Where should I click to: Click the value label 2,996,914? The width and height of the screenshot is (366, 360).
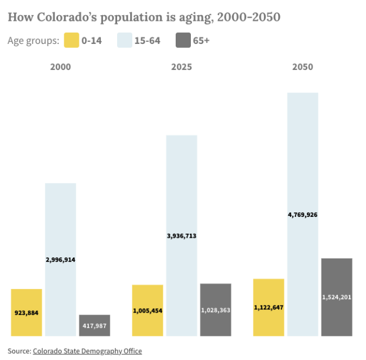pyautogui.click(x=60, y=260)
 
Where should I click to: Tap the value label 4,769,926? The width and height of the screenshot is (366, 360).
pyautogui.click(x=302, y=215)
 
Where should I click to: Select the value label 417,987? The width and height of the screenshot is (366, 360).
pyautogui.click(x=95, y=326)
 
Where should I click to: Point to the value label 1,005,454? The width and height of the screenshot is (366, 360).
pyautogui.click(x=148, y=310)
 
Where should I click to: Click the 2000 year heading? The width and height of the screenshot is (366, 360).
pyautogui.click(x=60, y=67)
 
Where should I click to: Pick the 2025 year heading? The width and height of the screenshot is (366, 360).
pyautogui.click(x=181, y=67)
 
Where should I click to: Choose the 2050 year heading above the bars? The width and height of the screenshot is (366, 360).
pyautogui.click(x=302, y=67)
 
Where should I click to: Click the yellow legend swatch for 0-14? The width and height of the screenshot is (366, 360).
pyautogui.click(x=71, y=41)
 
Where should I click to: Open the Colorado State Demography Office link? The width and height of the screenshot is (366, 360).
pyautogui.click(x=87, y=351)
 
